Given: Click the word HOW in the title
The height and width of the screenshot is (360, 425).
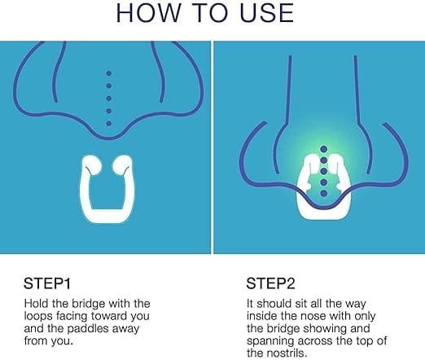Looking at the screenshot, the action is (x=148, y=13).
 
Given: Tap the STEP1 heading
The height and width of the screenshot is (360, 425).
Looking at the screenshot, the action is (x=47, y=283).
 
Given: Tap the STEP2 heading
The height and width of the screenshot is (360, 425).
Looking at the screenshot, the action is (x=270, y=283).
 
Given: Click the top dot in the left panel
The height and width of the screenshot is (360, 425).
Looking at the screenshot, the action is (x=109, y=73).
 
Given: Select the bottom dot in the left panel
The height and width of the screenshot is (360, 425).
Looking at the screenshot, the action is (x=109, y=124).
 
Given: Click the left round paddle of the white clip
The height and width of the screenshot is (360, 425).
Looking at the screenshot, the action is (x=93, y=165).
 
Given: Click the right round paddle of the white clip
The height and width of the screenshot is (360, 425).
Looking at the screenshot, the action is (x=121, y=165).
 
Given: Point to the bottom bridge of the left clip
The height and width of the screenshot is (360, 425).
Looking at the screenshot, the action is (x=107, y=216).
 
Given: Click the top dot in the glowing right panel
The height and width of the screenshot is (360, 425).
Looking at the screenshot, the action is (x=324, y=149).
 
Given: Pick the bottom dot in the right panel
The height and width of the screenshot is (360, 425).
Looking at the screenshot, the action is (x=324, y=193).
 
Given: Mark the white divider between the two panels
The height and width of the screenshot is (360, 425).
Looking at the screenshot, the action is (x=212, y=147).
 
